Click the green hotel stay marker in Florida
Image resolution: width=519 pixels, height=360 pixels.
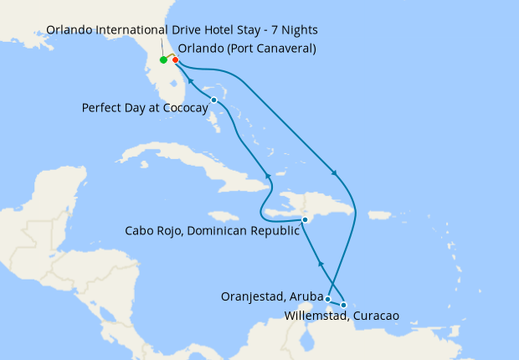[163, 60]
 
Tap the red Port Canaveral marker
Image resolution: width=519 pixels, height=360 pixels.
[176, 60]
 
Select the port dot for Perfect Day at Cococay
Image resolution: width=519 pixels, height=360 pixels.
[214, 100]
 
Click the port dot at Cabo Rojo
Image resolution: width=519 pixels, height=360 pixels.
[306, 219]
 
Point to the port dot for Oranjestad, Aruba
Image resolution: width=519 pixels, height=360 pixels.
[328, 299]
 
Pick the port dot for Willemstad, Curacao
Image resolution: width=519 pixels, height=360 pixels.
[344, 305]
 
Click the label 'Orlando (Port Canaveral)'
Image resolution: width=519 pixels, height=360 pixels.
[247, 49]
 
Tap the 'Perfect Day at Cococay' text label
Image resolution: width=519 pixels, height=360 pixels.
[145, 108]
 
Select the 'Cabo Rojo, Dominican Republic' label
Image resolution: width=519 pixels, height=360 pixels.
[211, 231]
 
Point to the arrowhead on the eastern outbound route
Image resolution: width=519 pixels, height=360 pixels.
[336, 174]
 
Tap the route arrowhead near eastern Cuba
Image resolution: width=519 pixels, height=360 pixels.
[269, 175]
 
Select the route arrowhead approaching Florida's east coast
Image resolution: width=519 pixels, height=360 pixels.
[188, 81]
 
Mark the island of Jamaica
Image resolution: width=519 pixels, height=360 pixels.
[218, 216]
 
